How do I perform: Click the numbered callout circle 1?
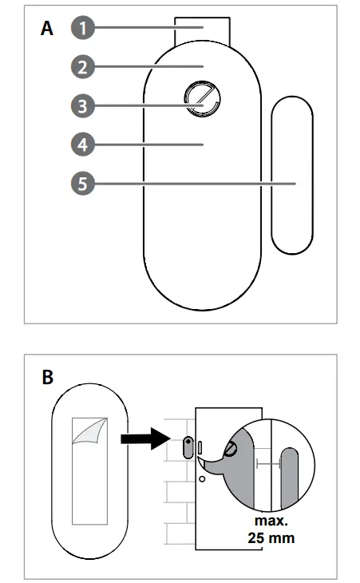(x=81, y=28)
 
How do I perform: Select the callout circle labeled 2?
(x=81, y=66)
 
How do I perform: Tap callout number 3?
(x=81, y=105)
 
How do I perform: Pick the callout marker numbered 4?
(x=81, y=145)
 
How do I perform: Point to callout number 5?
(x=81, y=184)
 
